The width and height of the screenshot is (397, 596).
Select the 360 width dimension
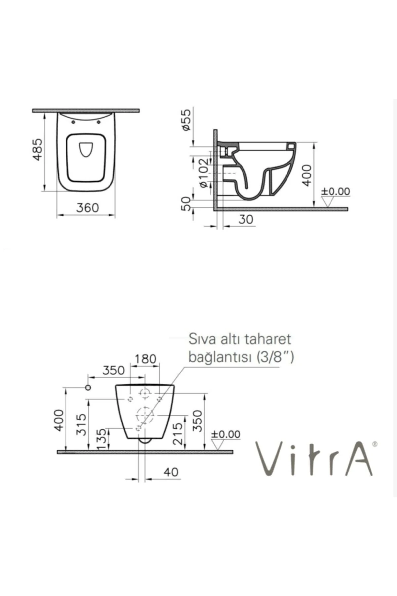coord(87,208)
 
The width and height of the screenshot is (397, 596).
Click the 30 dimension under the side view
coord(246,219)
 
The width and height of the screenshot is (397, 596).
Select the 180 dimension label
coord(145,359)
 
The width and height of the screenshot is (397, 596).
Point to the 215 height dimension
coord(178,433)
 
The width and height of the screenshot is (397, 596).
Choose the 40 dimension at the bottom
coord(171,472)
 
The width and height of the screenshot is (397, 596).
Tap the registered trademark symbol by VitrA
coord(374,444)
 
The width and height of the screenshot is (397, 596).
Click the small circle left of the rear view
coord(88,388)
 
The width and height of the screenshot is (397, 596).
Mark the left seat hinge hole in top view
coord(73,123)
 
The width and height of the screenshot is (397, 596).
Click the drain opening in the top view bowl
coord(86,149)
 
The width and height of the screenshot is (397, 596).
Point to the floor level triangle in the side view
coord(328,201)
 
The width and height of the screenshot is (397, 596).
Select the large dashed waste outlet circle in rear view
coord(145,414)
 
